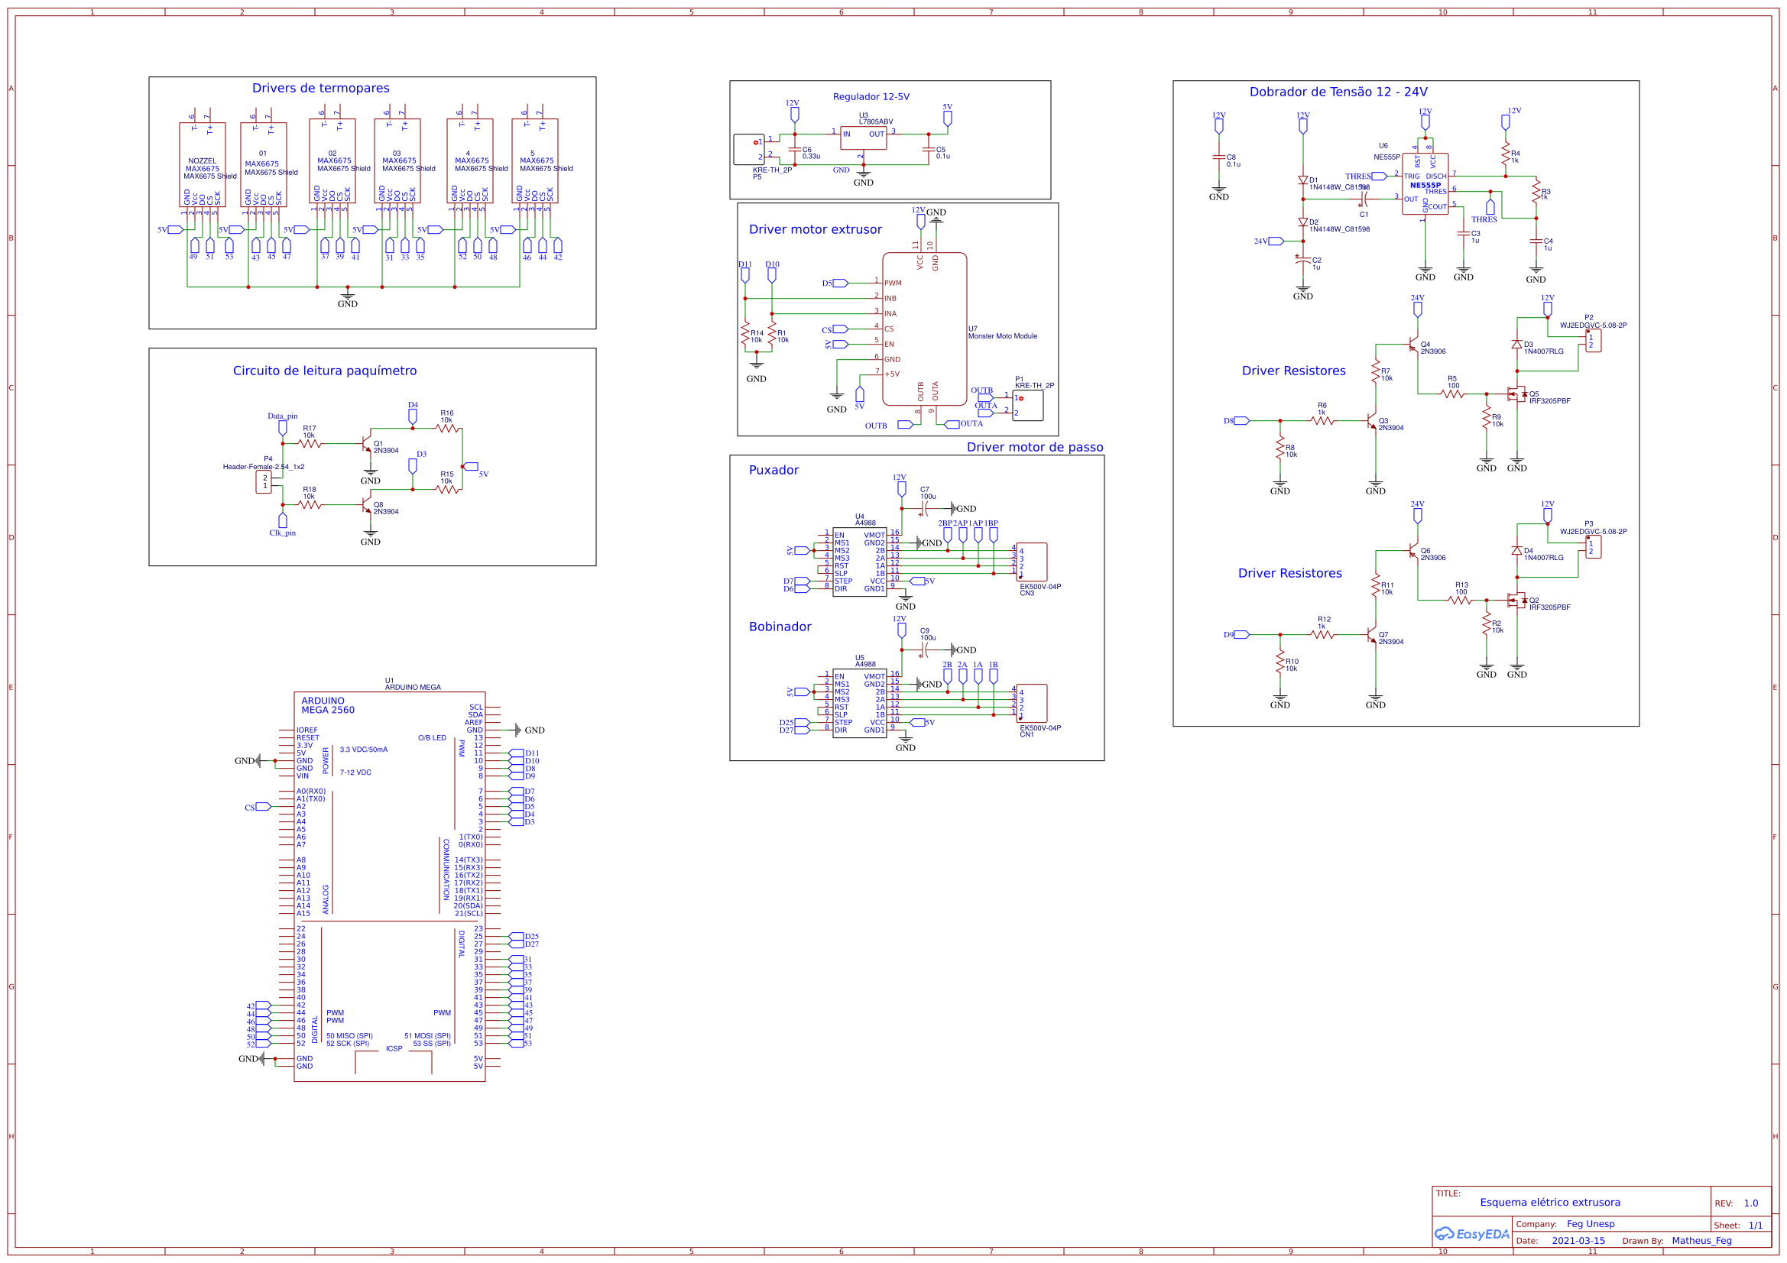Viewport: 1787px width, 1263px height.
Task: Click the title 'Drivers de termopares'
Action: click(x=320, y=88)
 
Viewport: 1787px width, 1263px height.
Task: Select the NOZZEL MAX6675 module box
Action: click(x=203, y=164)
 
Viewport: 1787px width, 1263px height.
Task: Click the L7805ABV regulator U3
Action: click(x=862, y=138)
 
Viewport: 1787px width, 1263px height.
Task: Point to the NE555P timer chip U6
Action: click(x=1424, y=184)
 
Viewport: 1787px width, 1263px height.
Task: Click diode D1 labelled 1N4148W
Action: click(x=1303, y=180)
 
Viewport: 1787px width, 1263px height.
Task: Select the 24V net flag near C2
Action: click(x=1275, y=241)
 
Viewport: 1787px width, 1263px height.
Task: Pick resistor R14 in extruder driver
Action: click(x=745, y=333)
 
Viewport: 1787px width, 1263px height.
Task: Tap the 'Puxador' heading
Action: click(x=773, y=470)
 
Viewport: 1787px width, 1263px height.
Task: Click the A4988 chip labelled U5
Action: click(x=859, y=704)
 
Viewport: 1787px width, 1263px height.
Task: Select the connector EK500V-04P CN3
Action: click(x=1031, y=562)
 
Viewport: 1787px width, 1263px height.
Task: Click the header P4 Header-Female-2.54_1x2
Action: click(x=264, y=481)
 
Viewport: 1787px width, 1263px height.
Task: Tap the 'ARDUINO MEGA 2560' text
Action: click(x=328, y=705)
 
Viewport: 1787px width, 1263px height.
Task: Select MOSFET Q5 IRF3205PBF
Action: click(x=1516, y=394)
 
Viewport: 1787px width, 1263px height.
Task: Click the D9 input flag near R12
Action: click(x=1241, y=635)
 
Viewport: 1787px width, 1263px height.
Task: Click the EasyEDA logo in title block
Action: click(x=1471, y=1234)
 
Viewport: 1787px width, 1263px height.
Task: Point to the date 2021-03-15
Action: click(x=1578, y=1240)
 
